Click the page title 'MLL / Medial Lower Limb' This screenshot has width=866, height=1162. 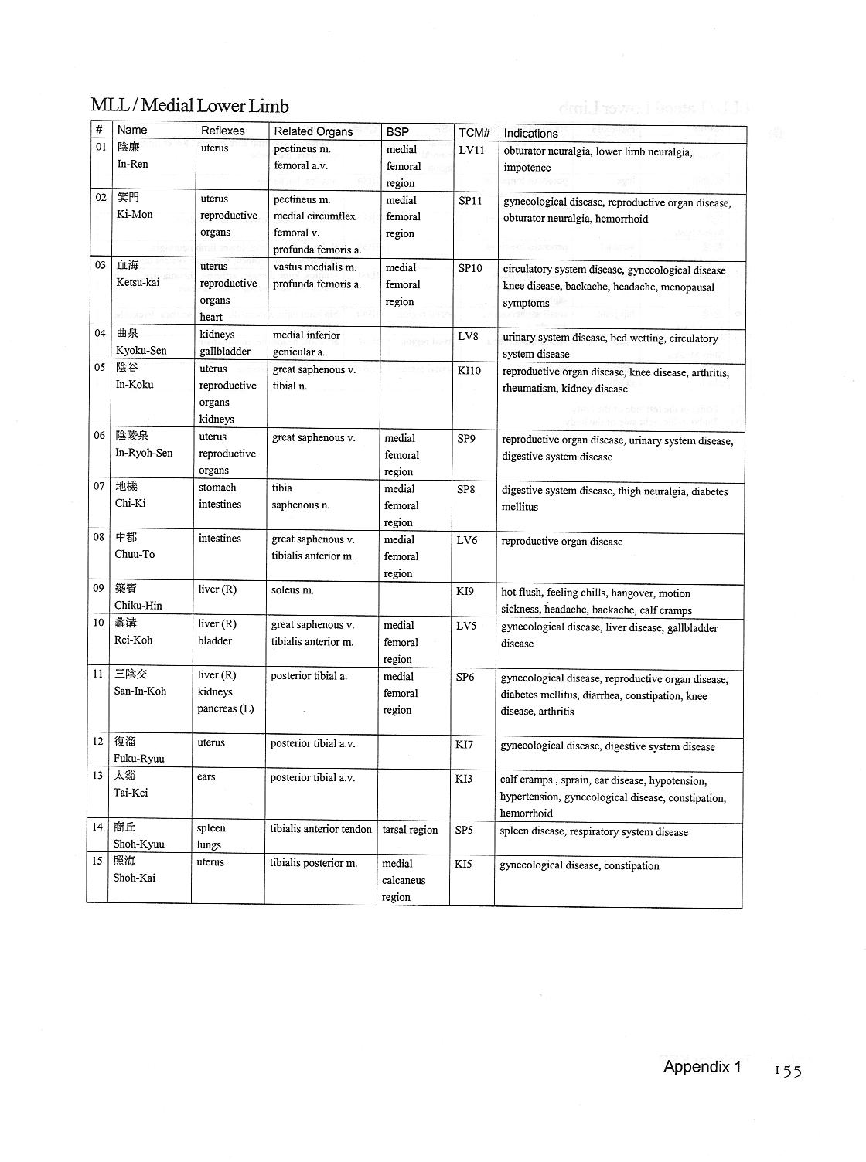pos(189,106)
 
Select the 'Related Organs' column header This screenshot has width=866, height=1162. pos(313,131)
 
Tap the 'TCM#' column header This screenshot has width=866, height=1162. pos(474,133)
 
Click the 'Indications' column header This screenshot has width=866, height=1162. pos(530,133)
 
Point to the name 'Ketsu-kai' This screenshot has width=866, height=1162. pos(138,282)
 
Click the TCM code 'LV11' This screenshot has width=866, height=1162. pos(471,150)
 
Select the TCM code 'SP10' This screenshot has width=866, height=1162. pos(470,268)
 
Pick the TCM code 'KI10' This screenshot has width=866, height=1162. pos(469,370)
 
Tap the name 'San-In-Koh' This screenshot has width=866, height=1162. pos(140,691)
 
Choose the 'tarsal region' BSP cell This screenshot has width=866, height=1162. pos(410,830)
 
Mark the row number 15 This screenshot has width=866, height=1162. pos(97,861)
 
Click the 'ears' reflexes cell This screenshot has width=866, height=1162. pos(206,776)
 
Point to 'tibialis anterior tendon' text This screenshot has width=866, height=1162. pos(321,829)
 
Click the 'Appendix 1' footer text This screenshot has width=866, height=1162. pos(701,1067)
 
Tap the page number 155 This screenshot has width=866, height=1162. pos(788,1070)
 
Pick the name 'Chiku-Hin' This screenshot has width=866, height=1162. pos(138,605)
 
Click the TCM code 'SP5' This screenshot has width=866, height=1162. pos(464,830)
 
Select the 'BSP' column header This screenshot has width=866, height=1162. pos(397,132)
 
